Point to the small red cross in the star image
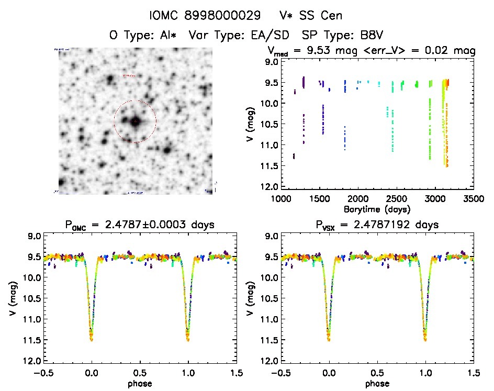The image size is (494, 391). (x=135, y=121)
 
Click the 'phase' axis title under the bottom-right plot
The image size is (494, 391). (x=377, y=383)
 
